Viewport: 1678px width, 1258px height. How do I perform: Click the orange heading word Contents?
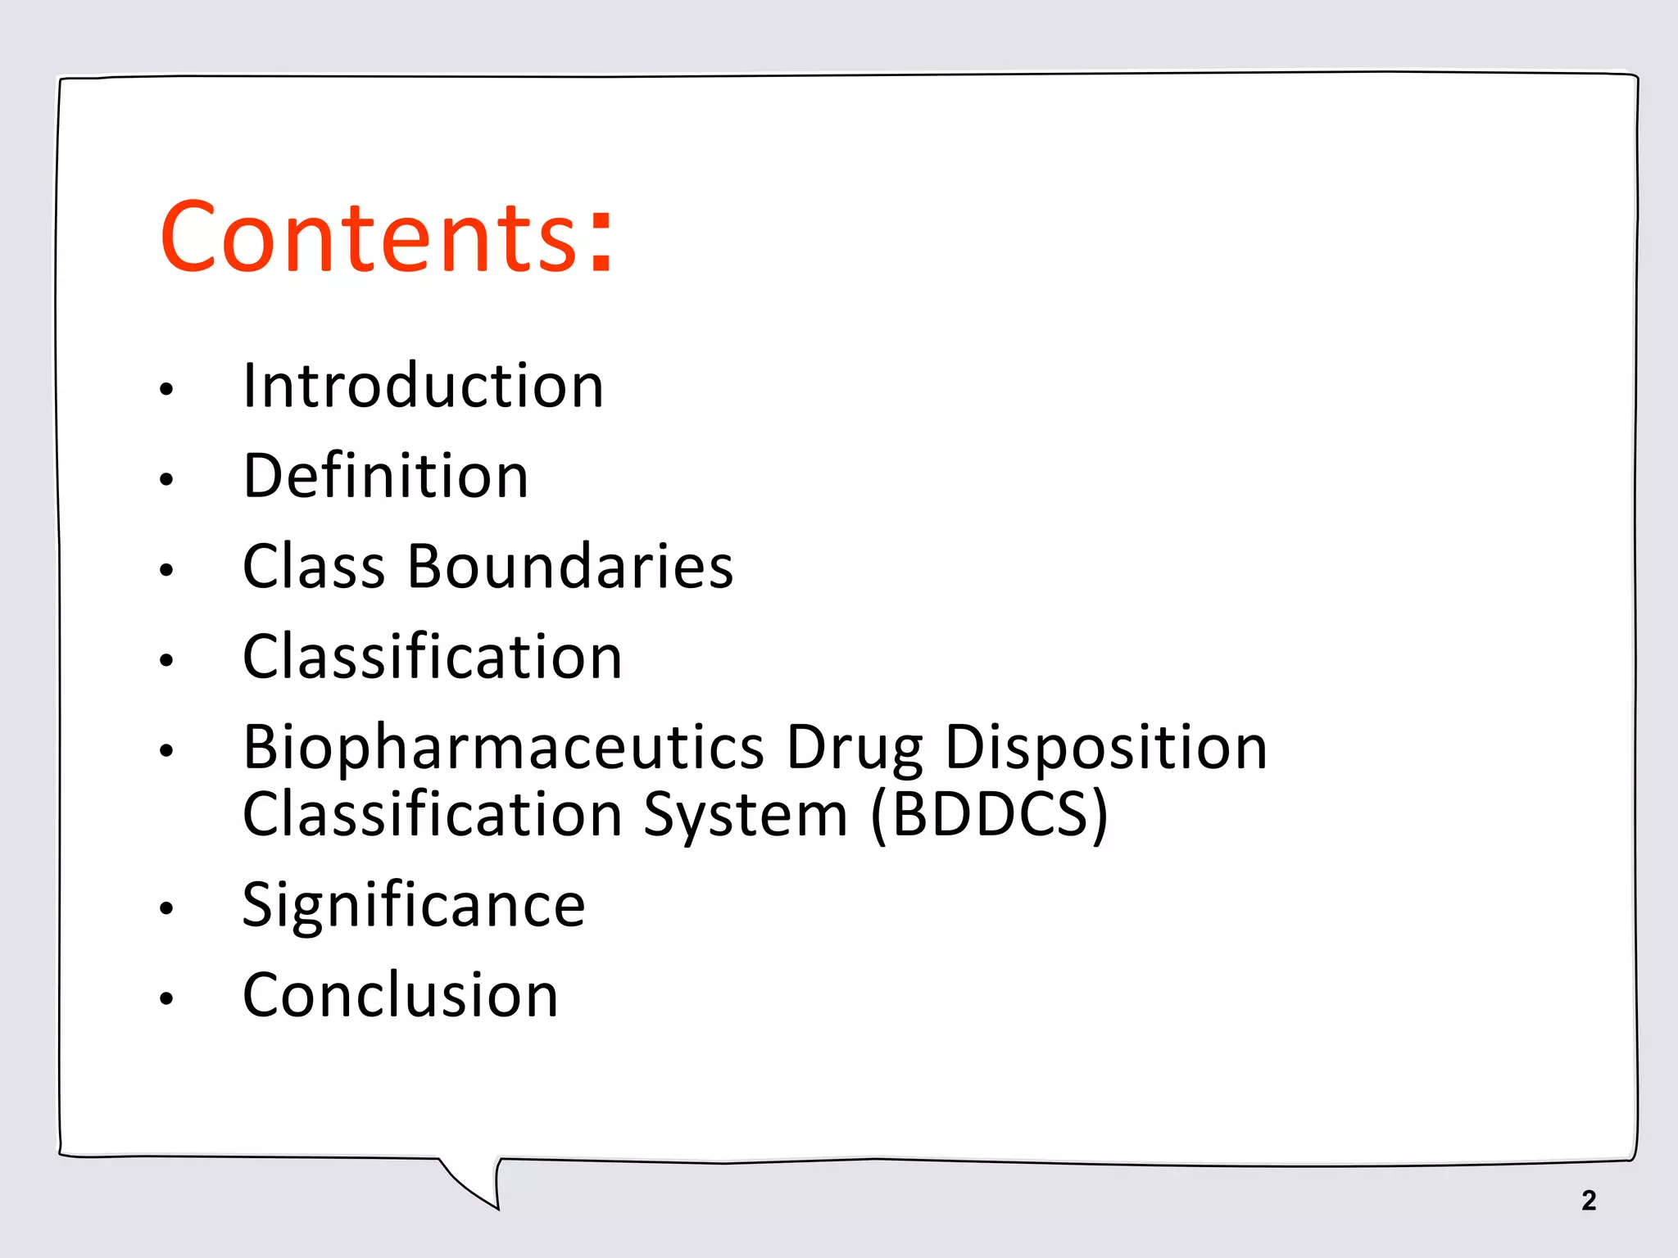click(369, 238)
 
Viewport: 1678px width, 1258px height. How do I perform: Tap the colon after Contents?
click(601, 241)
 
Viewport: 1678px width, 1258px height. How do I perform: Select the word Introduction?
click(423, 386)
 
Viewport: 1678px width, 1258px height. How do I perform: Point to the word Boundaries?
click(570, 567)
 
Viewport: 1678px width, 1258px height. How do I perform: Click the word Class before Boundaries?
click(314, 567)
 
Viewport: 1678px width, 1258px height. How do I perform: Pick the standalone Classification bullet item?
click(433, 658)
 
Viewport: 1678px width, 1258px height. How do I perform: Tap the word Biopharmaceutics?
click(504, 749)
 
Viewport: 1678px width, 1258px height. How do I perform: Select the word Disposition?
click(1106, 749)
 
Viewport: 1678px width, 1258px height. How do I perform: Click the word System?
click(745, 816)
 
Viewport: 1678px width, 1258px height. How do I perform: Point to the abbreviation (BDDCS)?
click(989, 816)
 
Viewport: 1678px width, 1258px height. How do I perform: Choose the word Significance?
click(414, 906)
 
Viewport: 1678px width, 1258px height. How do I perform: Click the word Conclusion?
click(401, 996)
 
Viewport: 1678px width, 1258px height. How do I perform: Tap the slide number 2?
click(1589, 1201)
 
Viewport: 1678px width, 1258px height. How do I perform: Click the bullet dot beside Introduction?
click(166, 389)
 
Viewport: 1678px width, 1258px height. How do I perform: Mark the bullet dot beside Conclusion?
click(166, 998)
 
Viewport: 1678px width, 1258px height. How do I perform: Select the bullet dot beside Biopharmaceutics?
click(166, 750)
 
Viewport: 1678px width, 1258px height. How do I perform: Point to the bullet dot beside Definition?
click(166, 479)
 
